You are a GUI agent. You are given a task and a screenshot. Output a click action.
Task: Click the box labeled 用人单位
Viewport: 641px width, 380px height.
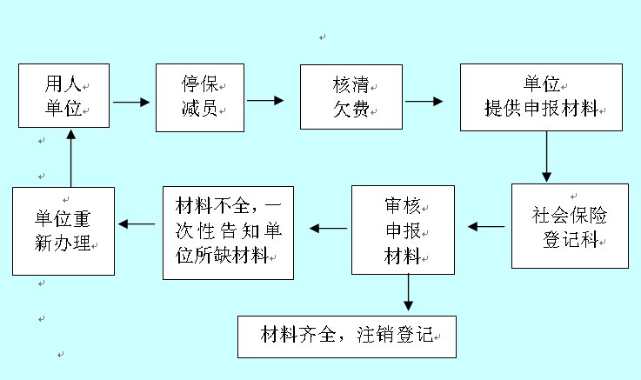(x=64, y=97)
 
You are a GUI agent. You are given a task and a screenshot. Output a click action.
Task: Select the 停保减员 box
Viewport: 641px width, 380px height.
(x=198, y=97)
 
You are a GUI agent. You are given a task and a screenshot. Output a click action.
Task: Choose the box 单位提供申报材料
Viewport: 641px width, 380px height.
(x=541, y=97)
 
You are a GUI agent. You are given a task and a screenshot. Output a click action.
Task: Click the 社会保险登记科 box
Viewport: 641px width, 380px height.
(x=570, y=226)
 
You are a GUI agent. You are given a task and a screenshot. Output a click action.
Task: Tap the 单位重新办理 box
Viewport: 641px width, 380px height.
(x=63, y=230)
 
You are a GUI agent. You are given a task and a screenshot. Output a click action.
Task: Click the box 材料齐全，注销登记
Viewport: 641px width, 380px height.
(x=346, y=335)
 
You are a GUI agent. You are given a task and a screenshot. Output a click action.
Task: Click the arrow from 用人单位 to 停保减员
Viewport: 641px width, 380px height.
(x=131, y=102)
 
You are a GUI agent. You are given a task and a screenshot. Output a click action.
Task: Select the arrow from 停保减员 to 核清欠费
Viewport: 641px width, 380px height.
(x=265, y=101)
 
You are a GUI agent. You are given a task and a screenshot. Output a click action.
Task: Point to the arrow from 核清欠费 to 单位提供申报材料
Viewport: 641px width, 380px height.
(x=424, y=101)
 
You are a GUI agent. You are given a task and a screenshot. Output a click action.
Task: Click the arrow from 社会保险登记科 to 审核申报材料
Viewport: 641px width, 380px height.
(x=486, y=227)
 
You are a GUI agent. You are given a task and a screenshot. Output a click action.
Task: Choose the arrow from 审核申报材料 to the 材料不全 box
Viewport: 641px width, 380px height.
(x=327, y=229)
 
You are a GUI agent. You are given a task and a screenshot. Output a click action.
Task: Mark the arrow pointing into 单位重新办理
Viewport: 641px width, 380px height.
(x=136, y=225)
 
